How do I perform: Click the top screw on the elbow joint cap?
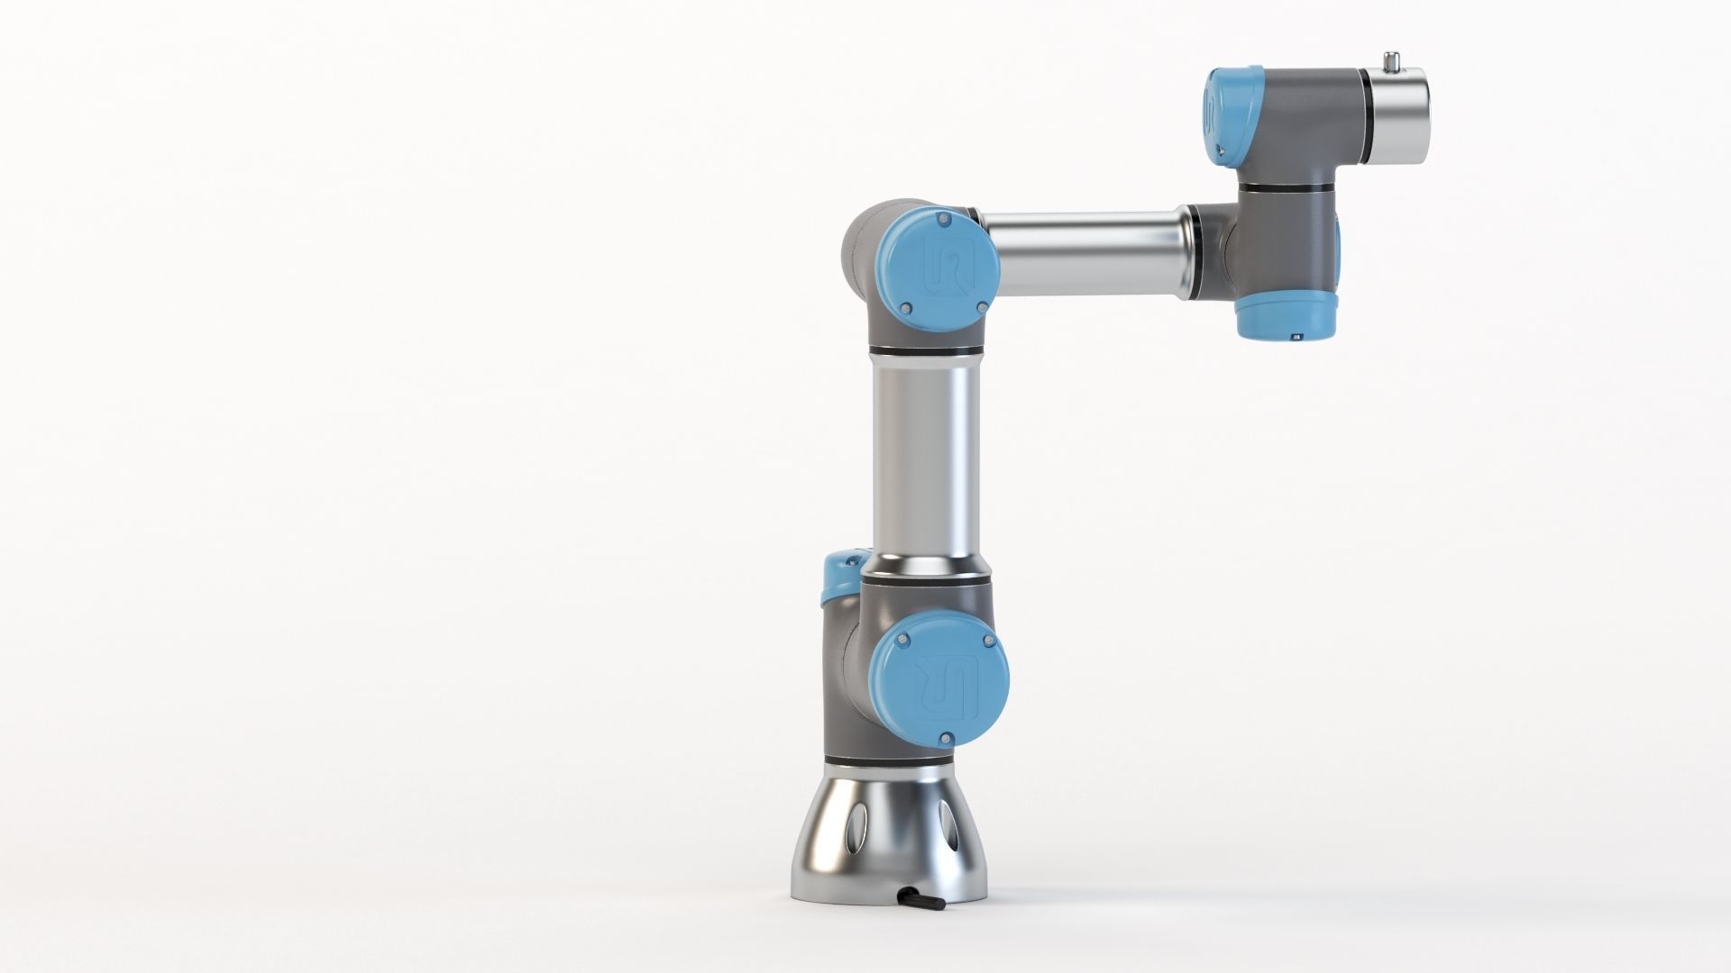click(944, 220)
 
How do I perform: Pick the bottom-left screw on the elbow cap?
click(902, 309)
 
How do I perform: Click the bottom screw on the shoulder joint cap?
click(946, 739)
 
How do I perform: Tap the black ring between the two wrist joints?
click(1284, 186)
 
